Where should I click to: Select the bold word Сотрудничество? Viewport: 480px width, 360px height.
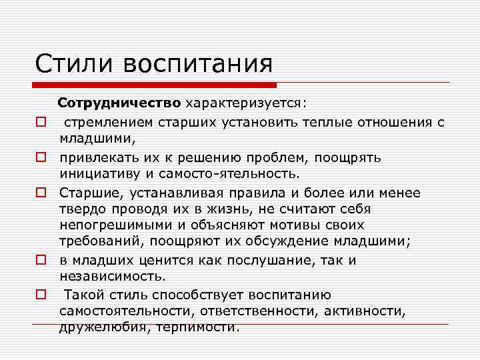(x=119, y=104)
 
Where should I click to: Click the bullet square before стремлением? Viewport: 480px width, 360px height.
(x=41, y=122)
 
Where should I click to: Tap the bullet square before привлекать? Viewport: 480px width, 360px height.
(x=41, y=158)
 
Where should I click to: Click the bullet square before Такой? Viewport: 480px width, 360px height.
(x=41, y=294)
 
